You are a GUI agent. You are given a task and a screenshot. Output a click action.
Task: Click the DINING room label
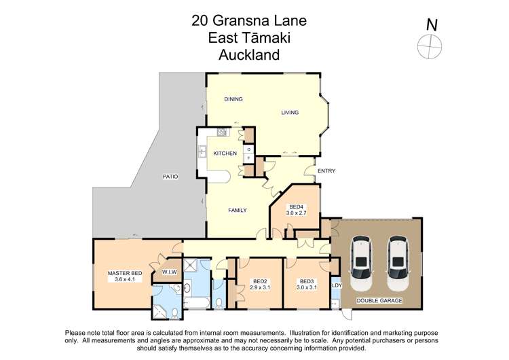[x=233, y=99]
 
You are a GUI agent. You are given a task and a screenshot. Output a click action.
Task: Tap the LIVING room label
[x=290, y=113]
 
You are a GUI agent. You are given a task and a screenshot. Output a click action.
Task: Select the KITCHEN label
[x=225, y=154]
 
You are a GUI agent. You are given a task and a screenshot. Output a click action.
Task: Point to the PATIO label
[x=170, y=177]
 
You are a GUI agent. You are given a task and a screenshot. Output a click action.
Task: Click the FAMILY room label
[x=237, y=210]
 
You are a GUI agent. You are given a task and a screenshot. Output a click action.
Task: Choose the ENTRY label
[x=326, y=170]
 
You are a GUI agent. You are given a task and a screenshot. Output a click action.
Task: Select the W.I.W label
[x=169, y=272]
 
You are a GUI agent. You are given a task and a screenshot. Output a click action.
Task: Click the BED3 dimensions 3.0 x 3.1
[x=307, y=287]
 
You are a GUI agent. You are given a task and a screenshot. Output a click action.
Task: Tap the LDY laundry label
[x=337, y=285]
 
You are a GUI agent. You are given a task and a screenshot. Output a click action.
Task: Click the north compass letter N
[x=431, y=24]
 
